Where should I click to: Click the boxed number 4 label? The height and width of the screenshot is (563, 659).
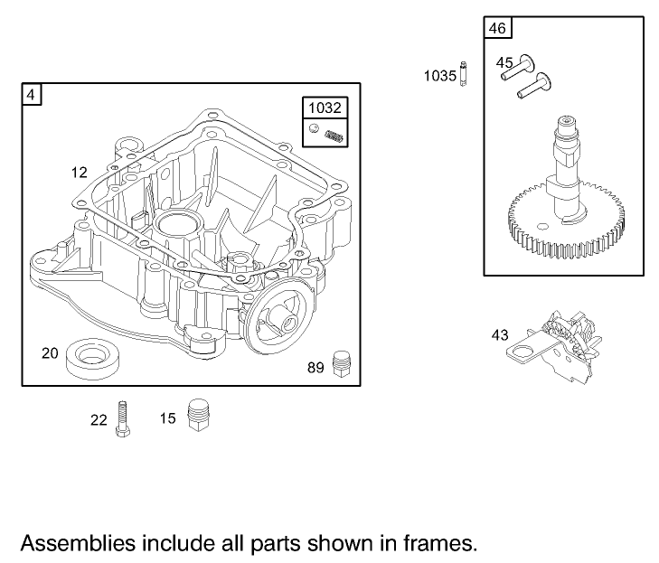32,94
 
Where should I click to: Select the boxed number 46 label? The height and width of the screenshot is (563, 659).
497,28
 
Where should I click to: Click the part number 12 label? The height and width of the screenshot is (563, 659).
80,172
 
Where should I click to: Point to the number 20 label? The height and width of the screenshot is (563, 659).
51,352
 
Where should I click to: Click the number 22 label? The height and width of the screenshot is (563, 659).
99,419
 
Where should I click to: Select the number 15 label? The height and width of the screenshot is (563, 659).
168,418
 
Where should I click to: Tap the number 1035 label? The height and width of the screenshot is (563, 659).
440,76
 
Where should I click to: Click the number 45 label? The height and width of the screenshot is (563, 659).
504,62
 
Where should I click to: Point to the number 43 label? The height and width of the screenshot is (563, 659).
500,334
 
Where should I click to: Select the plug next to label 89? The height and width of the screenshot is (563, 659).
342,362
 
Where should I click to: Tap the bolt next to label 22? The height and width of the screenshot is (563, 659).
122,419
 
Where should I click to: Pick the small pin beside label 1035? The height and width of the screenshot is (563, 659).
463,74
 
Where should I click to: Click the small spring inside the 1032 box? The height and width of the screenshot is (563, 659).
334,136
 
